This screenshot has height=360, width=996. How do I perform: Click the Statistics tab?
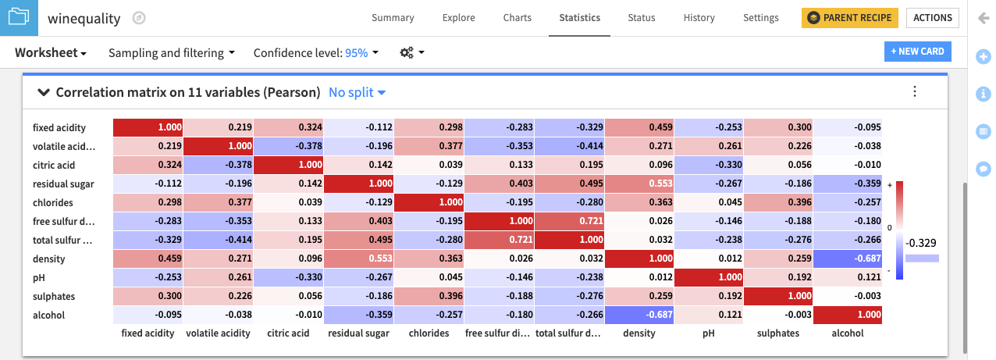[579, 18]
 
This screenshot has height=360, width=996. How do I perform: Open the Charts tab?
[517, 18]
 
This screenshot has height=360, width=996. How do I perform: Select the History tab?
[699, 18]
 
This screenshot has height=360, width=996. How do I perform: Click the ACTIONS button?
[932, 18]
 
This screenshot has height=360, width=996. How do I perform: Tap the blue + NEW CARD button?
[917, 52]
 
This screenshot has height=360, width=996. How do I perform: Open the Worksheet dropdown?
[51, 53]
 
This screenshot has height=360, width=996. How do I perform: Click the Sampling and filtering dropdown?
[171, 53]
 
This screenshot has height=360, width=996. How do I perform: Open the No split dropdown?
[357, 92]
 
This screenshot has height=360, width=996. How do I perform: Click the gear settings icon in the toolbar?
[411, 53]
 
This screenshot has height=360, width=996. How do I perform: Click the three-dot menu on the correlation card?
[915, 91]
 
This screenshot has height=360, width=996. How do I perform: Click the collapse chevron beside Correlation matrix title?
[44, 92]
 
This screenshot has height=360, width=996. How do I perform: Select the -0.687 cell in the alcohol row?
[639, 315]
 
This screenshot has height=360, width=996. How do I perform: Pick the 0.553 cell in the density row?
[358, 258]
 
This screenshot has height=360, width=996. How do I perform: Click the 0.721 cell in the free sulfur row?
[568, 221]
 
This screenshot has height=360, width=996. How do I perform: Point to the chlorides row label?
[54, 202]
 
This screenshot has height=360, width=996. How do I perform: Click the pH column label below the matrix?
[708, 333]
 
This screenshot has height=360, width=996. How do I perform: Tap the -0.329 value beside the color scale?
[922, 243]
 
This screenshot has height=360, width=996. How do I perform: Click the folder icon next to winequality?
[19, 17]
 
